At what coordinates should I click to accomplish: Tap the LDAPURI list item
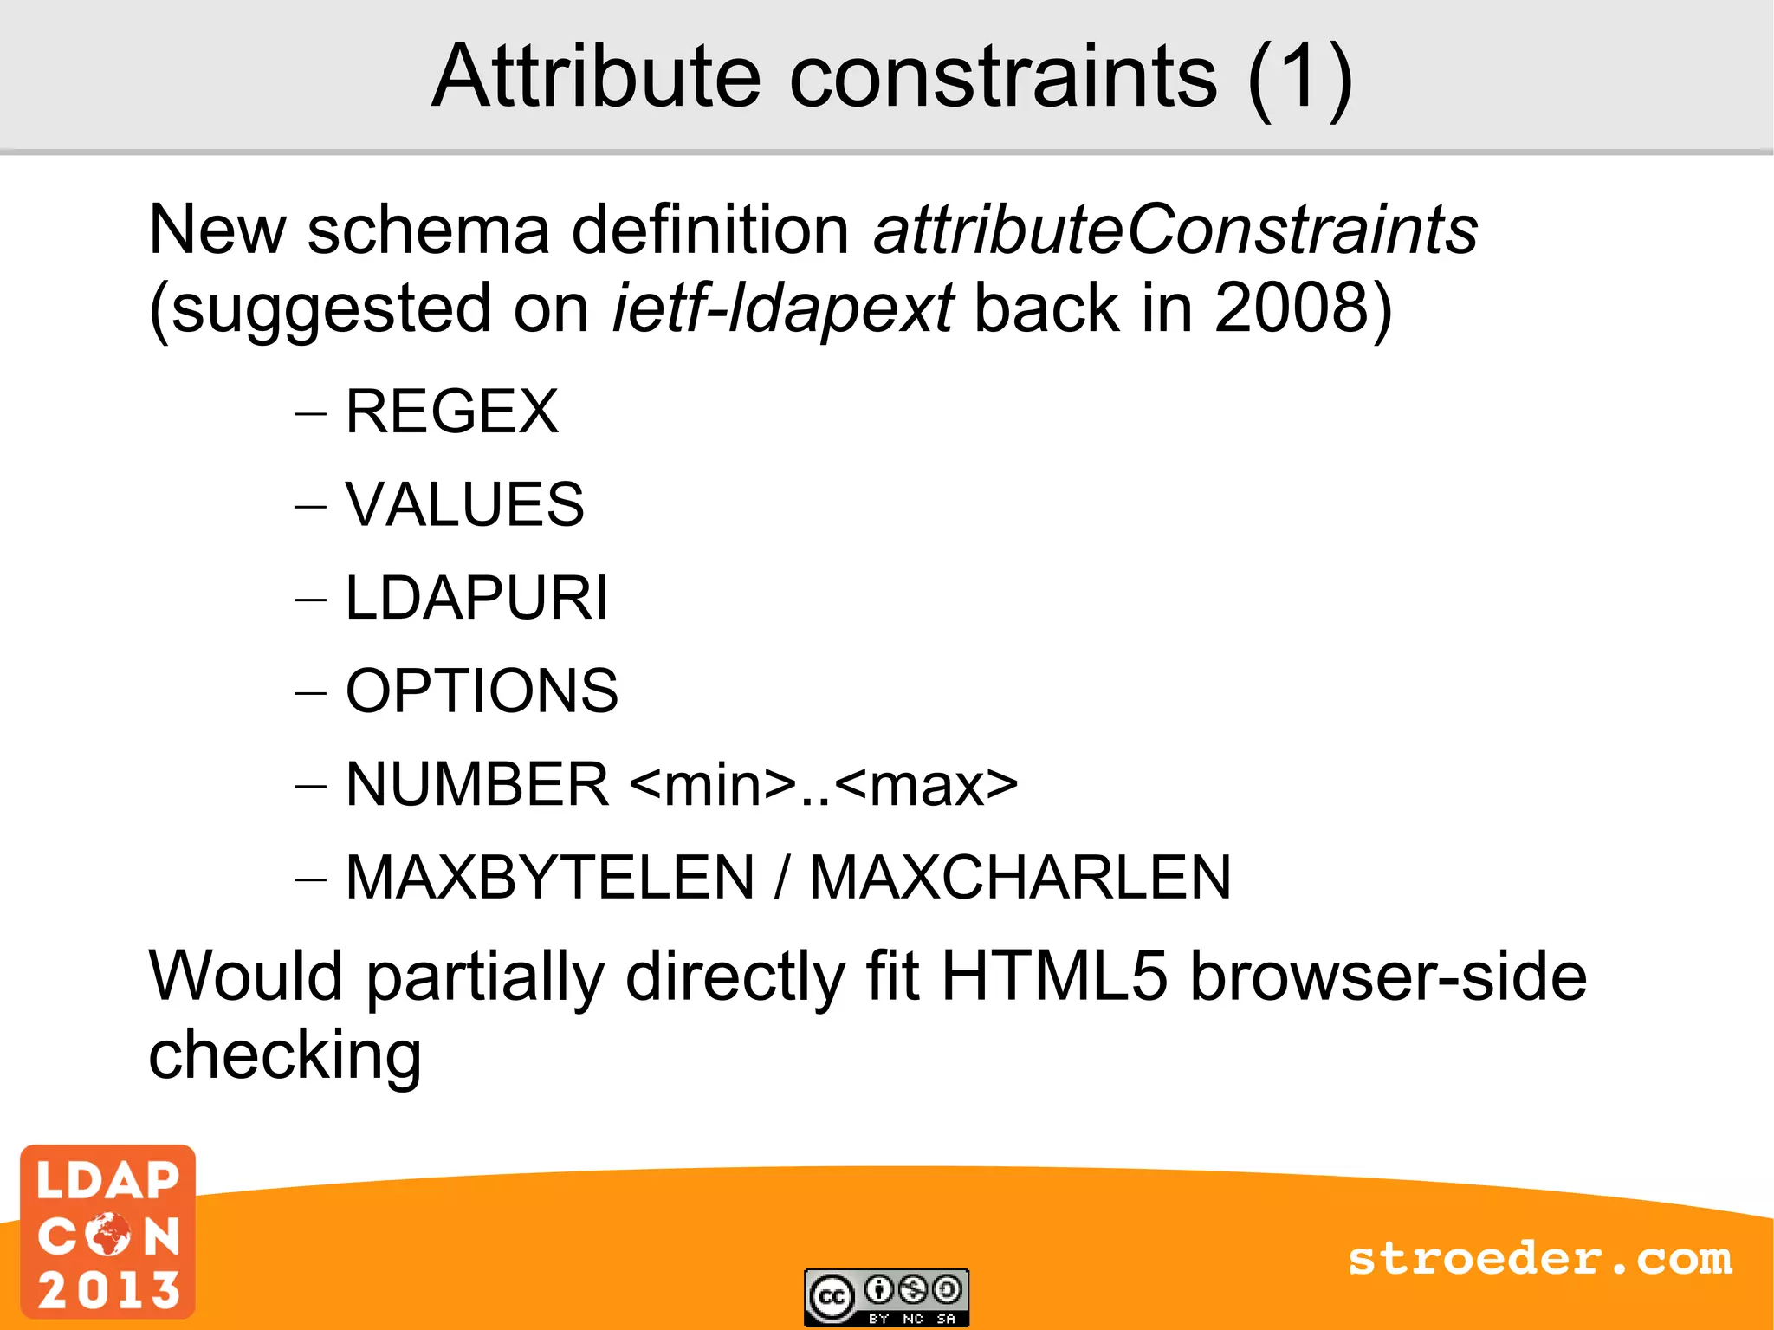coord(476,598)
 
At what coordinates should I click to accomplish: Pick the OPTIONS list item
coord(482,691)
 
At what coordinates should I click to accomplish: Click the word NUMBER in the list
coord(477,785)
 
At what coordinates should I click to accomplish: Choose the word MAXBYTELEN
coord(550,878)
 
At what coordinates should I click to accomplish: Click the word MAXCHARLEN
coord(1020,878)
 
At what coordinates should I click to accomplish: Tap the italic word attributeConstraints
coord(1175,230)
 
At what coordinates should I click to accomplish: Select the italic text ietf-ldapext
coord(782,308)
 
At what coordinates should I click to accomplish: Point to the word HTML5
coord(1054,976)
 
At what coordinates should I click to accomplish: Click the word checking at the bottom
coord(285,1055)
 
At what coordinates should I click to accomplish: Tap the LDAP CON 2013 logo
coord(108,1231)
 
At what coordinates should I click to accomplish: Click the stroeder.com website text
coord(1539,1258)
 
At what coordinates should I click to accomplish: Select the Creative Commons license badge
coord(886,1297)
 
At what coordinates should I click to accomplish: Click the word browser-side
coord(1388,976)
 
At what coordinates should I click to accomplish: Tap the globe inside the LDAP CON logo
coord(109,1234)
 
